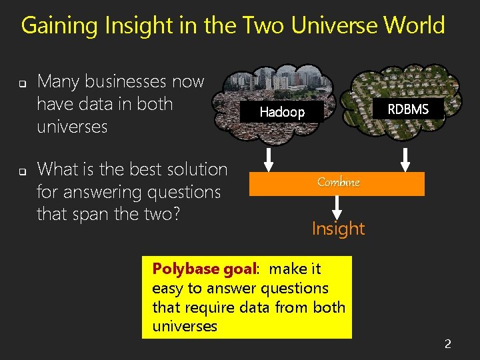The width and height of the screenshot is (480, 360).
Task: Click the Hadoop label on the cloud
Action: point(281,112)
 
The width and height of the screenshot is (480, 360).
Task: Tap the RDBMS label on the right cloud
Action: point(408,109)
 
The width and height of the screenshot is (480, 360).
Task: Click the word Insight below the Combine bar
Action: point(338,229)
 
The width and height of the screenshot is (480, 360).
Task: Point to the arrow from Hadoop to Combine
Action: point(267,159)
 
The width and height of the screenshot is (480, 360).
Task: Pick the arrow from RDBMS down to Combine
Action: point(405,159)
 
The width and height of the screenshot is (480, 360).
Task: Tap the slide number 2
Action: point(448,344)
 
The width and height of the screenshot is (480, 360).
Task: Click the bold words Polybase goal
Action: point(204,269)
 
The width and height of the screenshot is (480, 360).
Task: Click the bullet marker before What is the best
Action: point(21,172)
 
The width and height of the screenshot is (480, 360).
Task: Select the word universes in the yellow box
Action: point(185,326)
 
